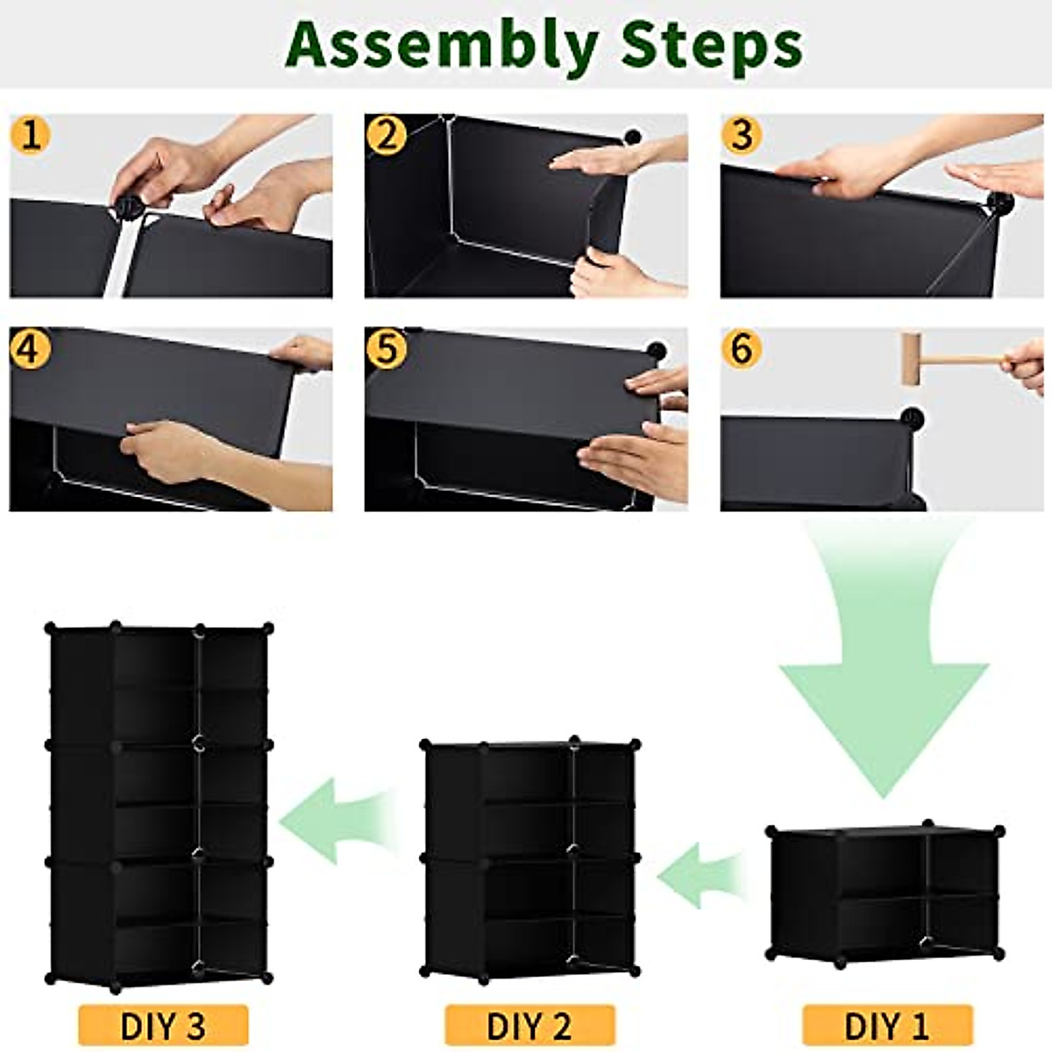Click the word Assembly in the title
(443, 46)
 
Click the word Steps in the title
(711, 46)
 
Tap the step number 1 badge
(31, 136)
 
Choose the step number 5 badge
(387, 349)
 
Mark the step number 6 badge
(743, 349)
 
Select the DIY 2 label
(530, 1025)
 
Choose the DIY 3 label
(163, 1025)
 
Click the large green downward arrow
(885, 666)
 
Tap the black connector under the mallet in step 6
(913, 417)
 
